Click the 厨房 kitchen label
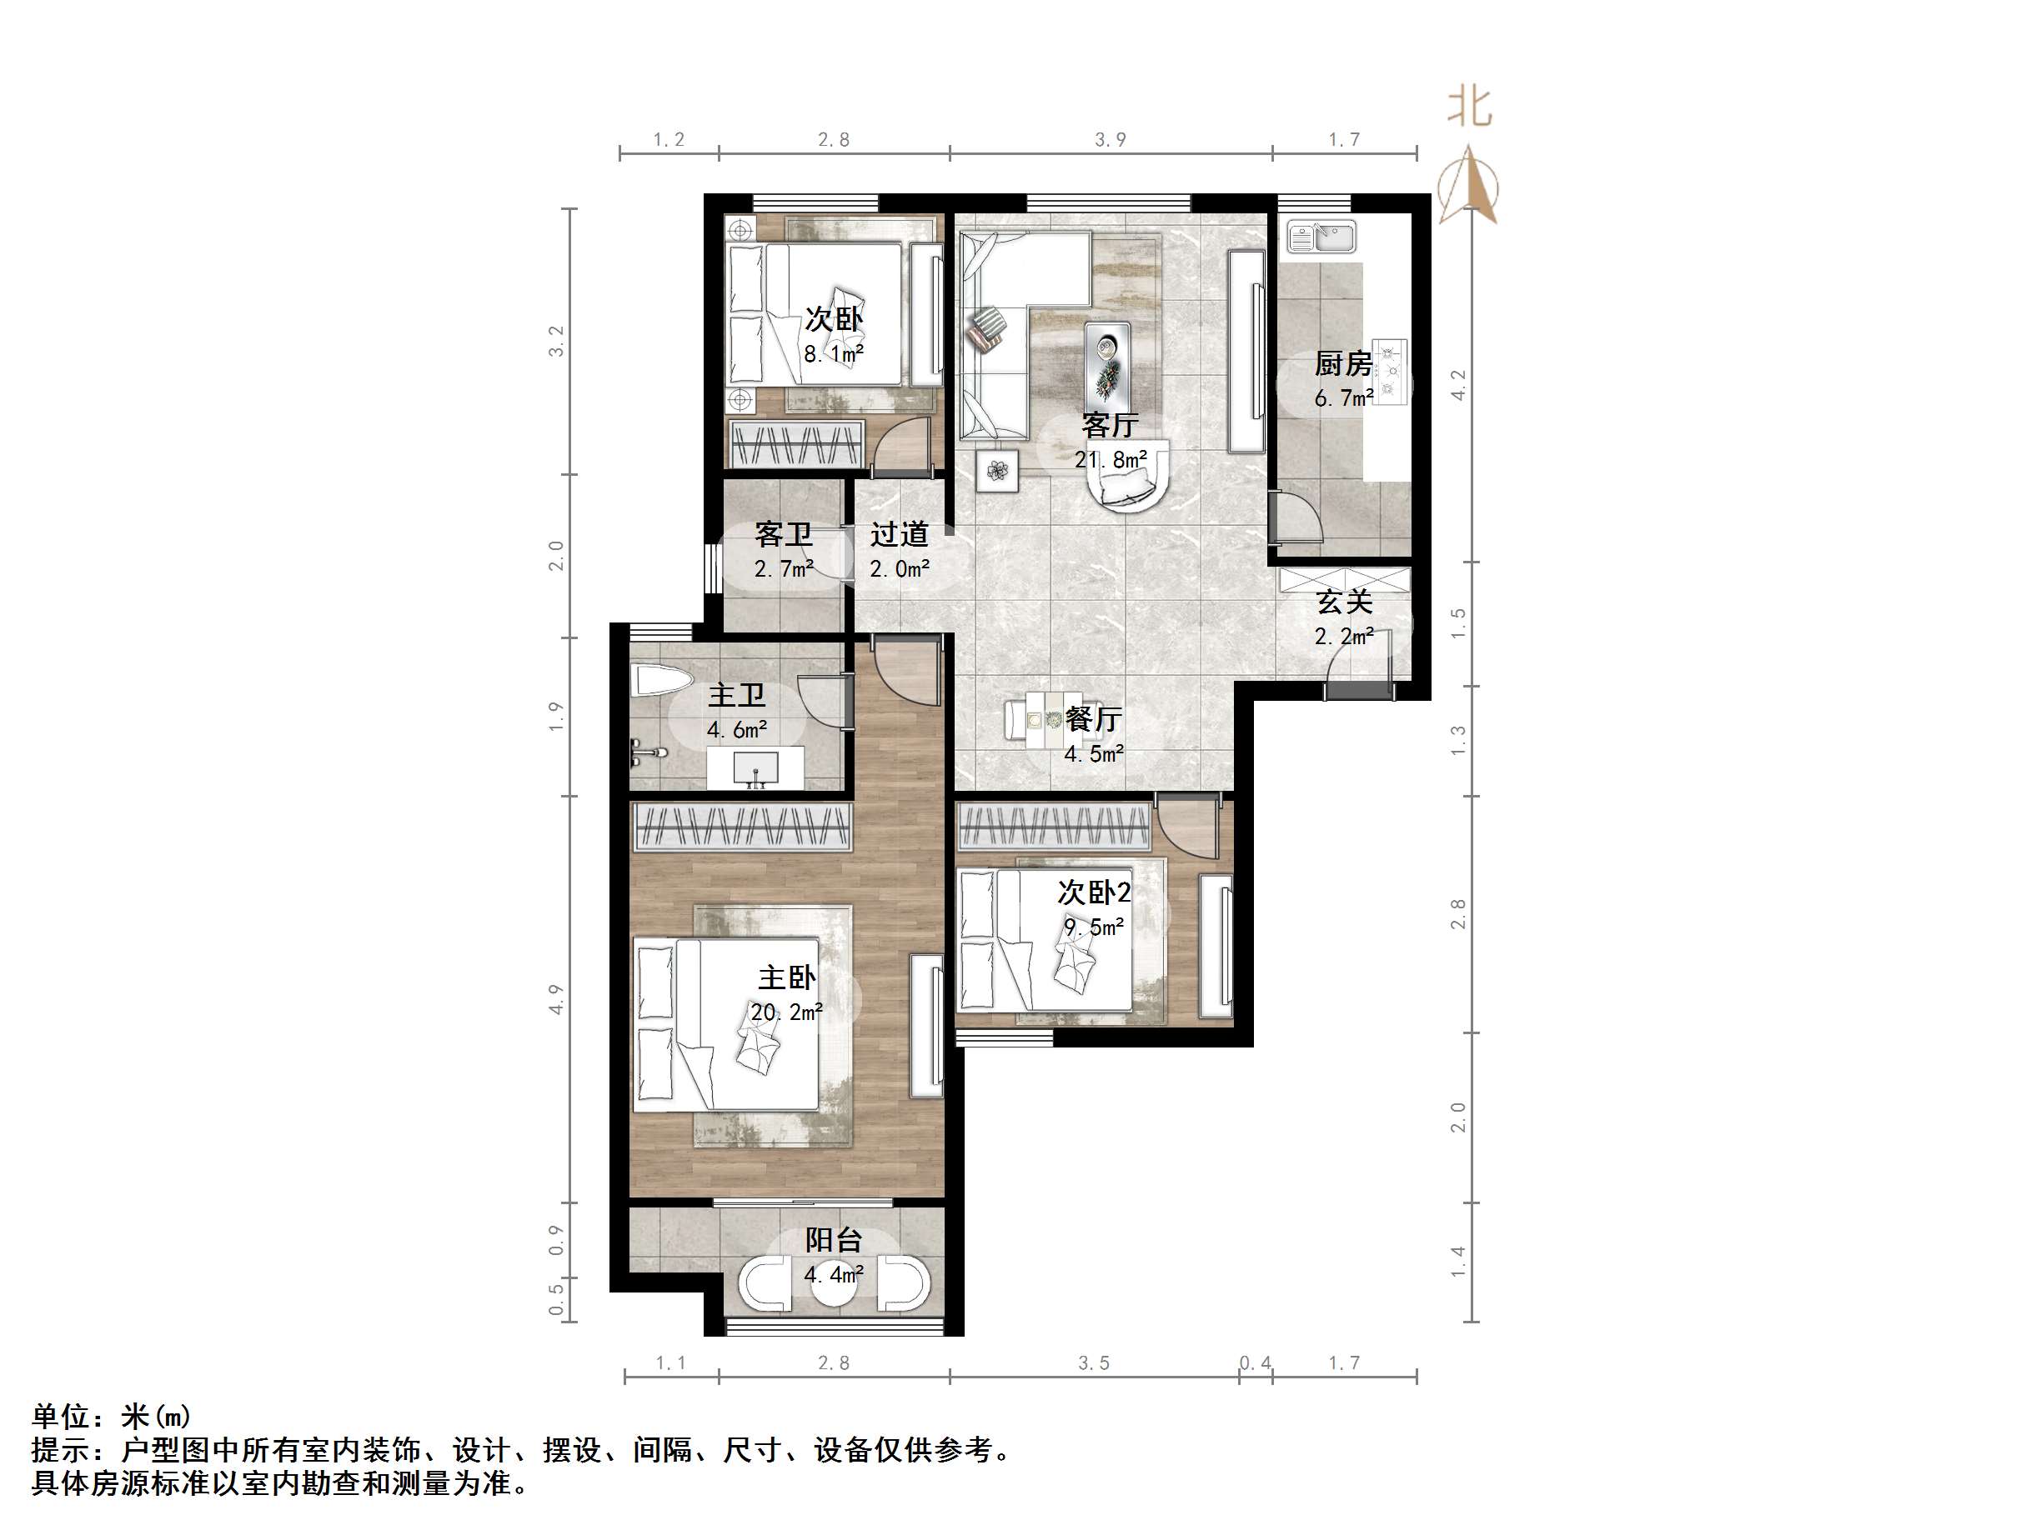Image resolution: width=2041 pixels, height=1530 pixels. [1342, 364]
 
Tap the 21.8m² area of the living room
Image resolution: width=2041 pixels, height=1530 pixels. [1110, 459]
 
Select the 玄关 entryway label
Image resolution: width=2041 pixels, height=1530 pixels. [1343, 602]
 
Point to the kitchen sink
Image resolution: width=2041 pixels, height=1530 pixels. [1321, 237]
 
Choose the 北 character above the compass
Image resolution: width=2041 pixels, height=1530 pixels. [1469, 106]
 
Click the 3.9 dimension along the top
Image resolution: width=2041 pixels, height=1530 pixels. [1110, 140]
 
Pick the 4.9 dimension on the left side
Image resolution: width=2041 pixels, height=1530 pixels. [555, 1000]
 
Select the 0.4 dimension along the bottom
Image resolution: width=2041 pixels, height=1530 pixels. [1255, 1363]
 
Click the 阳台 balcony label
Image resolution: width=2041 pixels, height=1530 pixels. [833, 1240]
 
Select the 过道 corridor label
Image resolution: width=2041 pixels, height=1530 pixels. [899, 534]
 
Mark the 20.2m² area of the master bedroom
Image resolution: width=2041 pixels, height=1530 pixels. [786, 1012]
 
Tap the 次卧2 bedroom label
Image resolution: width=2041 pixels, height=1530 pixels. [1093, 892]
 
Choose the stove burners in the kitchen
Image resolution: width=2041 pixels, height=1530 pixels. [1390, 372]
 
